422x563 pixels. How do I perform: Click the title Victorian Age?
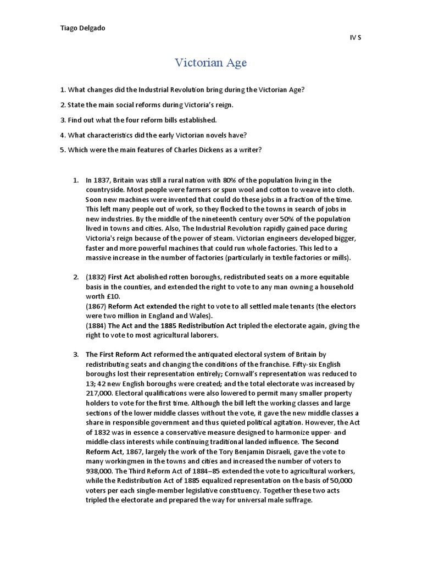point(211,63)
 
